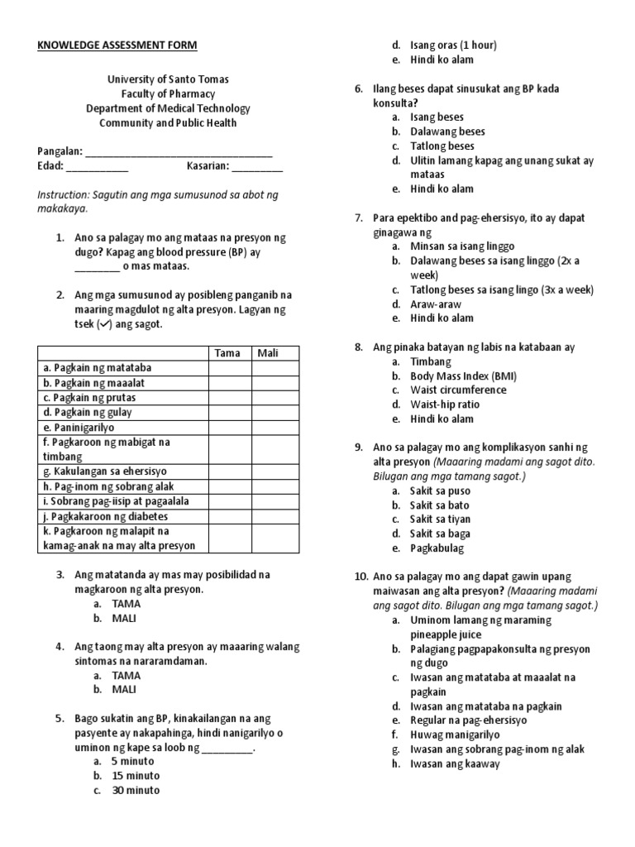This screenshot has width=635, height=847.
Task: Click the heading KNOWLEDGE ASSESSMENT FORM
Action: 117,45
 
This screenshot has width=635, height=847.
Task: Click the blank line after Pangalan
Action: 179,153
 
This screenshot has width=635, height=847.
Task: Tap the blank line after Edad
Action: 97,168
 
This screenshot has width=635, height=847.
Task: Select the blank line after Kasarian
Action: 256,168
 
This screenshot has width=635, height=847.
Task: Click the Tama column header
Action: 227,353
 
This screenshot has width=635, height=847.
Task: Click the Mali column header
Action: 268,353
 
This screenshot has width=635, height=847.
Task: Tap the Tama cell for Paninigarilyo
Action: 229,428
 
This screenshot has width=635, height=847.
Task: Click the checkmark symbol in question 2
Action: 104,324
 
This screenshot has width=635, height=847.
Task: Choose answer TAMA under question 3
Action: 127,603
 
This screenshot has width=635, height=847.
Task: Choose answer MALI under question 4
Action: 126,689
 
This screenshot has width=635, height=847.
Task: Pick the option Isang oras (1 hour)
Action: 454,45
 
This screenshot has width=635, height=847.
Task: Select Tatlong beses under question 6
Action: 442,146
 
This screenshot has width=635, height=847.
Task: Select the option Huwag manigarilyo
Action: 457,735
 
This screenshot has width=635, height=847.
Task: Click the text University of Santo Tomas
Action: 169,79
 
